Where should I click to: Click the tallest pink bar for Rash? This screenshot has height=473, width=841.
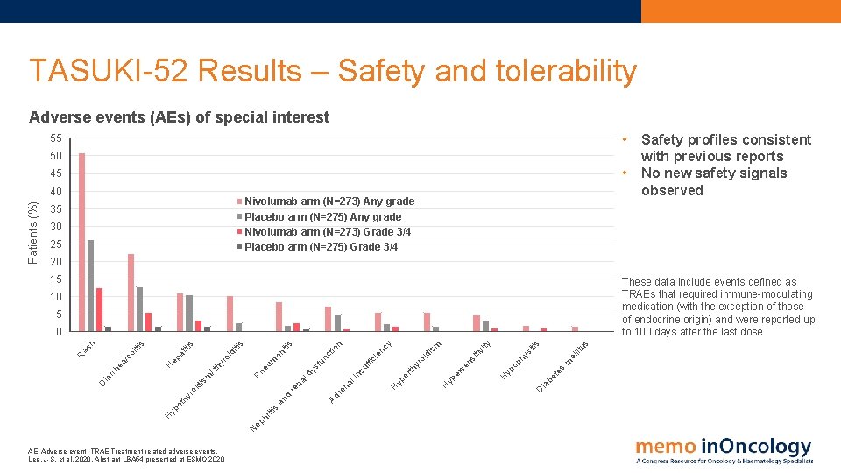(81, 242)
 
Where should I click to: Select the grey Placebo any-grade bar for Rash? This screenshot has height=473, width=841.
(91, 286)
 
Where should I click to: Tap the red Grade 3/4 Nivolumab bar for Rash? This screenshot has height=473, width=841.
(100, 309)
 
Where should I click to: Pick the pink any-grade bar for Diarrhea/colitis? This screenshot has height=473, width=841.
(131, 293)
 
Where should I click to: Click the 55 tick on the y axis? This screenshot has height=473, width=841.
(55, 139)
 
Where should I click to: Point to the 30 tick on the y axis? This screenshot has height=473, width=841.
(55, 227)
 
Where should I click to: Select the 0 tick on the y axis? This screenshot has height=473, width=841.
(58, 332)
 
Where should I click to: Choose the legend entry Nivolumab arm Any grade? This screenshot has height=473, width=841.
(329, 201)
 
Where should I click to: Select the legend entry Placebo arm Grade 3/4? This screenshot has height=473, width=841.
(321, 247)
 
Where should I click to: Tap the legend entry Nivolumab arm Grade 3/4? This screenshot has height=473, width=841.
(327, 232)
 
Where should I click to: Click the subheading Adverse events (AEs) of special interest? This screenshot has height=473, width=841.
(180, 117)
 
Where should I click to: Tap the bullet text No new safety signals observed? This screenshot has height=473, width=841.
(713, 181)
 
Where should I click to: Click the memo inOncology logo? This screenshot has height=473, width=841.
(724, 449)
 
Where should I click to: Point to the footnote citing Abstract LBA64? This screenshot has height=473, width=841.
(127, 459)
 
